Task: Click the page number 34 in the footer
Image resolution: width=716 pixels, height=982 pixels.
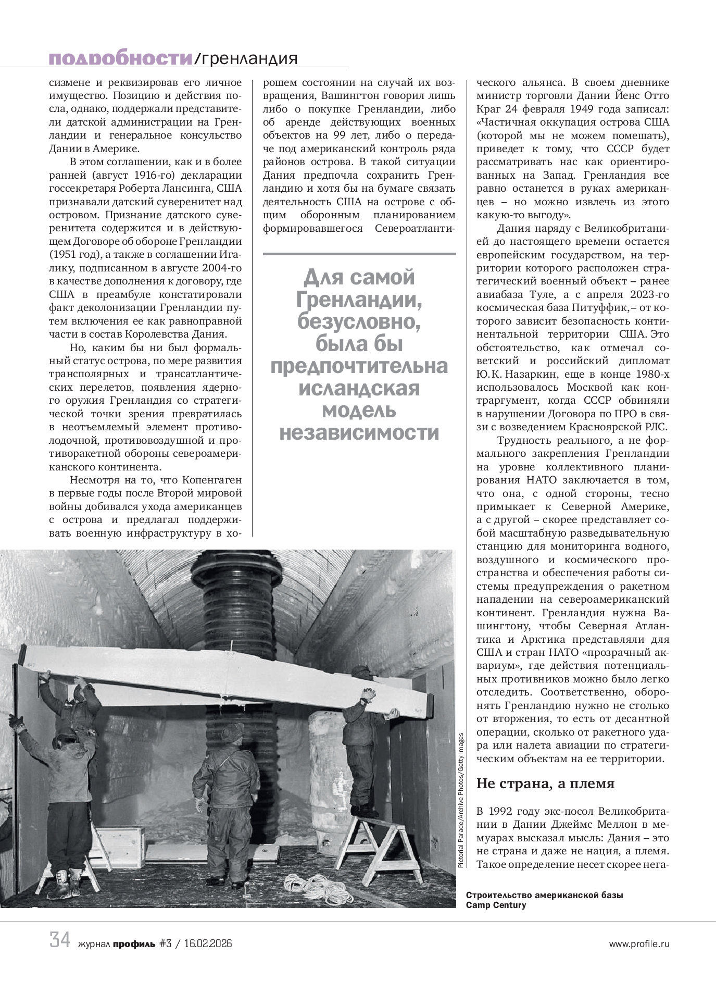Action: pos(60,940)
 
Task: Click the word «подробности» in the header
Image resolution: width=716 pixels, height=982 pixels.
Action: pos(120,59)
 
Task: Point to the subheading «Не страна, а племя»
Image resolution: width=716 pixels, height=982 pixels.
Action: pos(546,783)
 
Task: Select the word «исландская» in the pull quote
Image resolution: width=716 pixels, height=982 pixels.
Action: pos(359,388)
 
